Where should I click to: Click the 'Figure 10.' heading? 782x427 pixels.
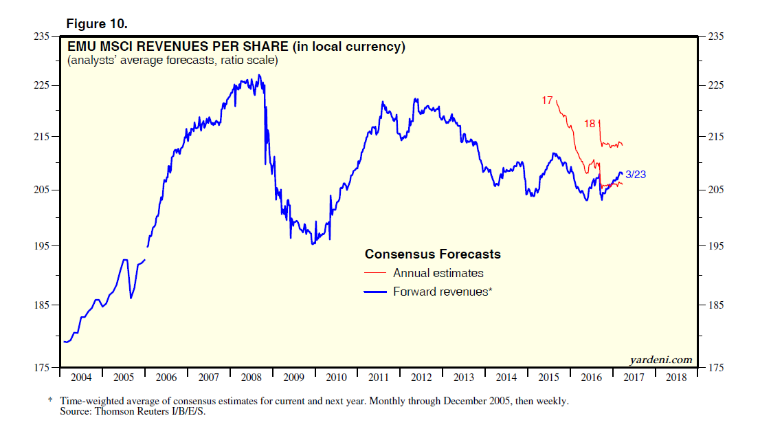pos(97,23)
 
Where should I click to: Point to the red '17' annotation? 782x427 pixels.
pos(547,100)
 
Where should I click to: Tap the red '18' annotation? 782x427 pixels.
pos(590,124)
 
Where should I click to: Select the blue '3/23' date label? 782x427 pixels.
pos(636,175)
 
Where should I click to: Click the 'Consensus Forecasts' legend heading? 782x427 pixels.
pos(432,254)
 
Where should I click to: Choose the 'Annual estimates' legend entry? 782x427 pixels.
pos(438,273)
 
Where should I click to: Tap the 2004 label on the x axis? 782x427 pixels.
pos(81,377)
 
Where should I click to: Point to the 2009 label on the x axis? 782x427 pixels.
pos(294,377)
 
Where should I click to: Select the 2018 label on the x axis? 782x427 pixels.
pos(675,377)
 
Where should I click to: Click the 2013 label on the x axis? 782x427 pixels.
pos(464,377)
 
